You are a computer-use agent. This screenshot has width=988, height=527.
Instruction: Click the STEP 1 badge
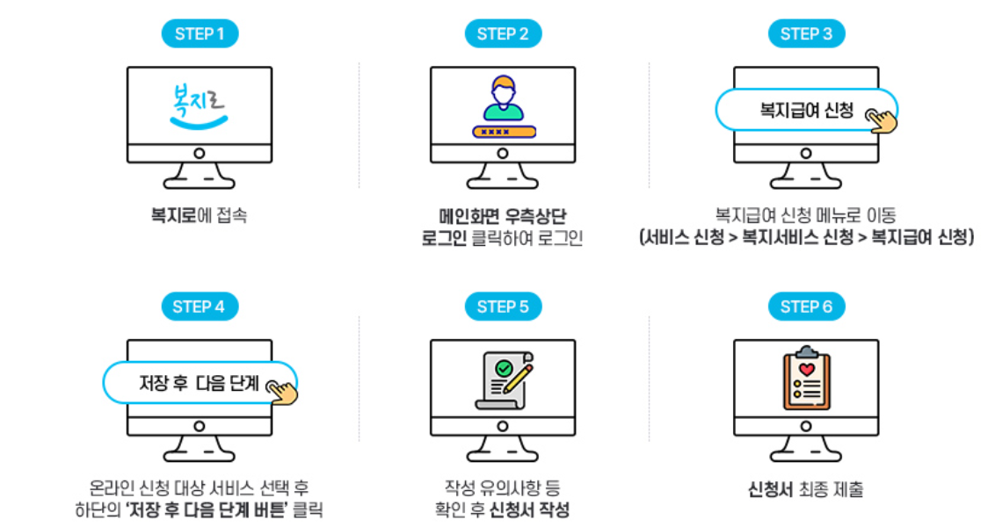200,34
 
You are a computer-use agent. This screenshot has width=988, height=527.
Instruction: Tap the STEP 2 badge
503,34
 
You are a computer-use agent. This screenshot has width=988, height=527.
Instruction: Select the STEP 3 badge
806,34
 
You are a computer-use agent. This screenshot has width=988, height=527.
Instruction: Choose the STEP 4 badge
200,307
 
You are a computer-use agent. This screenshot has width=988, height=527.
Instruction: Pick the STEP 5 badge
503,307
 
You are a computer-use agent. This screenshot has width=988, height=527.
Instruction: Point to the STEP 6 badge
806,307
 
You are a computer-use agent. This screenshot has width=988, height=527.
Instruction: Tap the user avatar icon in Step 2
503,99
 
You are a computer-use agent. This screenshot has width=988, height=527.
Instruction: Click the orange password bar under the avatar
503,132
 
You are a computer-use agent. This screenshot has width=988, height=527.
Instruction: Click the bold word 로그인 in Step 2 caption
445,238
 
